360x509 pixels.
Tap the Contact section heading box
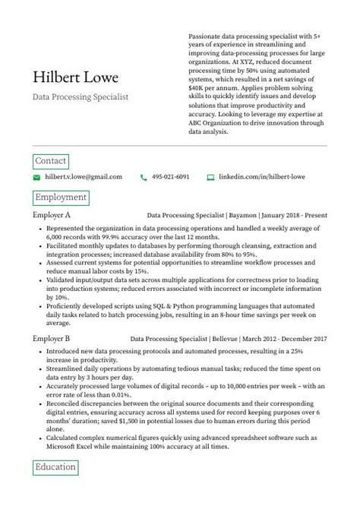51,161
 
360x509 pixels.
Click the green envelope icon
36,177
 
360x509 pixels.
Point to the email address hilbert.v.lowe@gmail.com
83,177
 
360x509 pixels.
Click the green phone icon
144,177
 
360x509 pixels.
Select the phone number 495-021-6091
170,177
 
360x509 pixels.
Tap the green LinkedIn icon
211,177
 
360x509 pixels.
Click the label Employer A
52,216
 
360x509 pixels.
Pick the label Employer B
52,337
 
